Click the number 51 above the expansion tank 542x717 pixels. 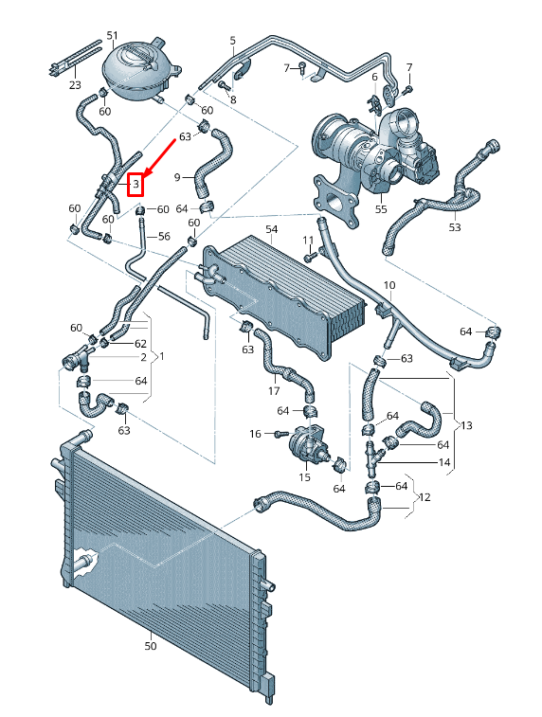tap(113, 36)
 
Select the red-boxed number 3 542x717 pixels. tap(137, 183)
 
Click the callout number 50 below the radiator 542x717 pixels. tap(151, 646)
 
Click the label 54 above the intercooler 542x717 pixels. tap(271, 230)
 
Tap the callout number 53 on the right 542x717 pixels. tap(455, 227)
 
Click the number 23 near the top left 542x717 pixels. tap(75, 84)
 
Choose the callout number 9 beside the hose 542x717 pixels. tap(176, 176)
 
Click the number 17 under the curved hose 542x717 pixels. tap(274, 390)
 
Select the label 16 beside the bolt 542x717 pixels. tap(255, 434)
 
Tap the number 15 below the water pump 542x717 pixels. tap(305, 477)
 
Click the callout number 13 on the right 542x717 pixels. tap(466, 426)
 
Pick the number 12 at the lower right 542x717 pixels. tap(425, 497)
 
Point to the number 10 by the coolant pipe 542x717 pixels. tap(388, 285)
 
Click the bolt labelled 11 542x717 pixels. tap(311, 256)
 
